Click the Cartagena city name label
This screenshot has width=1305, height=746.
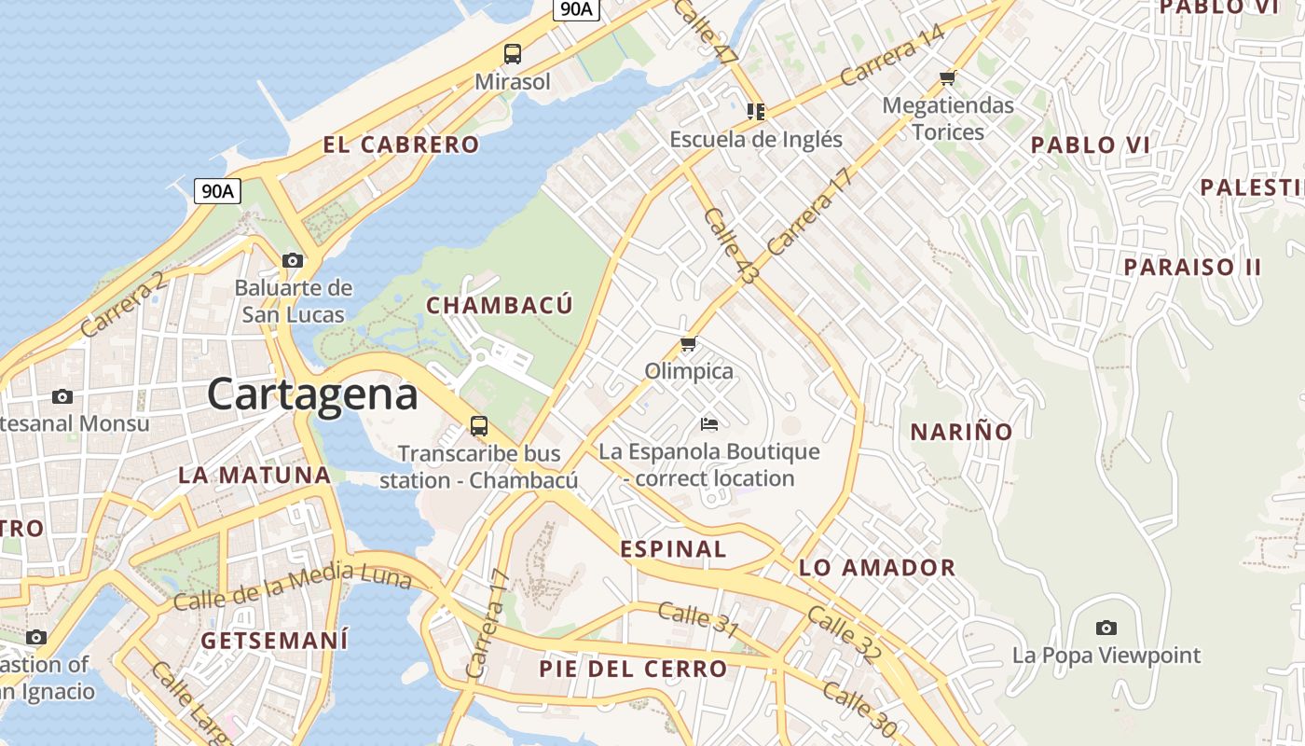[x=312, y=394]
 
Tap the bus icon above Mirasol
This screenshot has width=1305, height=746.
[x=513, y=54]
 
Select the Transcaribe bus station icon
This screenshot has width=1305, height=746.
[x=479, y=426]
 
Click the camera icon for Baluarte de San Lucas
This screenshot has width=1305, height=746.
[x=293, y=260]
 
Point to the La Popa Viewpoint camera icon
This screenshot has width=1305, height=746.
[x=1106, y=628]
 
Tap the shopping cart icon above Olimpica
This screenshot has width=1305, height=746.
[x=689, y=344]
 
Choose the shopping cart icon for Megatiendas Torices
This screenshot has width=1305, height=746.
[x=948, y=77]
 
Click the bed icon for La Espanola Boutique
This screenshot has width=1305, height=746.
[x=709, y=424]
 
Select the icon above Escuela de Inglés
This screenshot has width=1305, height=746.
[x=756, y=112]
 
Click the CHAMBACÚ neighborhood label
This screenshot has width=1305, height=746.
[x=500, y=305]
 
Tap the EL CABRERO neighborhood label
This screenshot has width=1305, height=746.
[x=401, y=145]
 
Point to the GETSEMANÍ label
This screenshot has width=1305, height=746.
[x=274, y=641]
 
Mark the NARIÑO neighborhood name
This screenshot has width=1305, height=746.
[x=961, y=432]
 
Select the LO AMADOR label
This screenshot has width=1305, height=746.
[x=877, y=567]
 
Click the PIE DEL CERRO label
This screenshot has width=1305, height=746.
[x=633, y=669]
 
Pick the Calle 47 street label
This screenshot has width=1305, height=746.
[x=704, y=30]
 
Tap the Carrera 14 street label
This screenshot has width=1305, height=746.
[x=892, y=56]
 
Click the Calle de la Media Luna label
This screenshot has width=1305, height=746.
[x=293, y=587]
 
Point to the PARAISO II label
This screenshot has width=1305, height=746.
[x=1192, y=267]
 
